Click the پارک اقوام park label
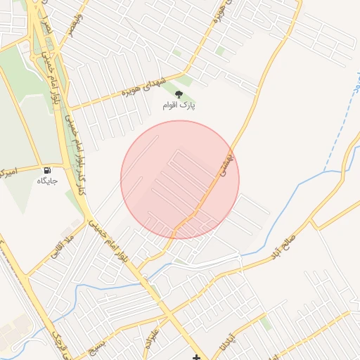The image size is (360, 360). [179, 105]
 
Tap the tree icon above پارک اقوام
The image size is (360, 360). [179, 94]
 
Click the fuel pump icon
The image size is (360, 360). [47, 170]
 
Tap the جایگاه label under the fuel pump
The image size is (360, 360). [47, 181]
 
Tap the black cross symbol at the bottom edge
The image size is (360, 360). [196, 357]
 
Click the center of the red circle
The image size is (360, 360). [180, 180]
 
